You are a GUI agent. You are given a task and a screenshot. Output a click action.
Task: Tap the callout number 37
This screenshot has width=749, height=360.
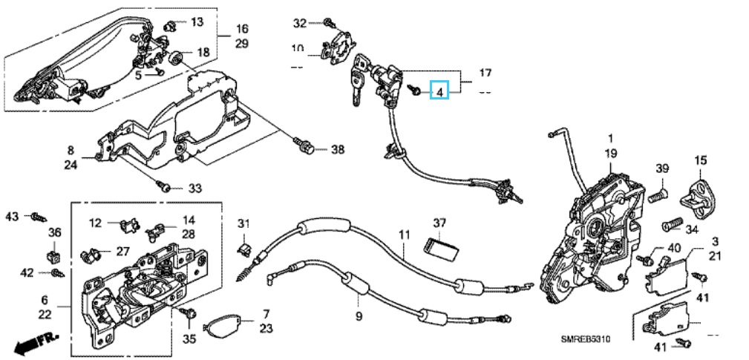click(x=440, y=223)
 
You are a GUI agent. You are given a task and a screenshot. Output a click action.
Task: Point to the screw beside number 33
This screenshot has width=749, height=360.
click(x=166, y=187)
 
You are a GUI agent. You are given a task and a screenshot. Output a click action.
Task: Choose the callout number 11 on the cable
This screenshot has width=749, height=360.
click(x=404, y=235)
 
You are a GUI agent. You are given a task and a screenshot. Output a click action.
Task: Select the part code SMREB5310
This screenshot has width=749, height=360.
click(x=585, y=339)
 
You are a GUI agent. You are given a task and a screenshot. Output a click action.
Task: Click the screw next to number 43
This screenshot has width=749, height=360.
click(x=37, y=217)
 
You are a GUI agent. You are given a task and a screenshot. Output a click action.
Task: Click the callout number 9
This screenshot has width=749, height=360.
click(x=359, y=315)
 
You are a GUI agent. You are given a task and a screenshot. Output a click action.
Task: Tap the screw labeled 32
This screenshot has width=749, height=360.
click(x=329, y=24)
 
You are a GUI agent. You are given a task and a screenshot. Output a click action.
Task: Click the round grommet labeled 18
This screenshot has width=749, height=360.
click(x=177, y=58)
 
